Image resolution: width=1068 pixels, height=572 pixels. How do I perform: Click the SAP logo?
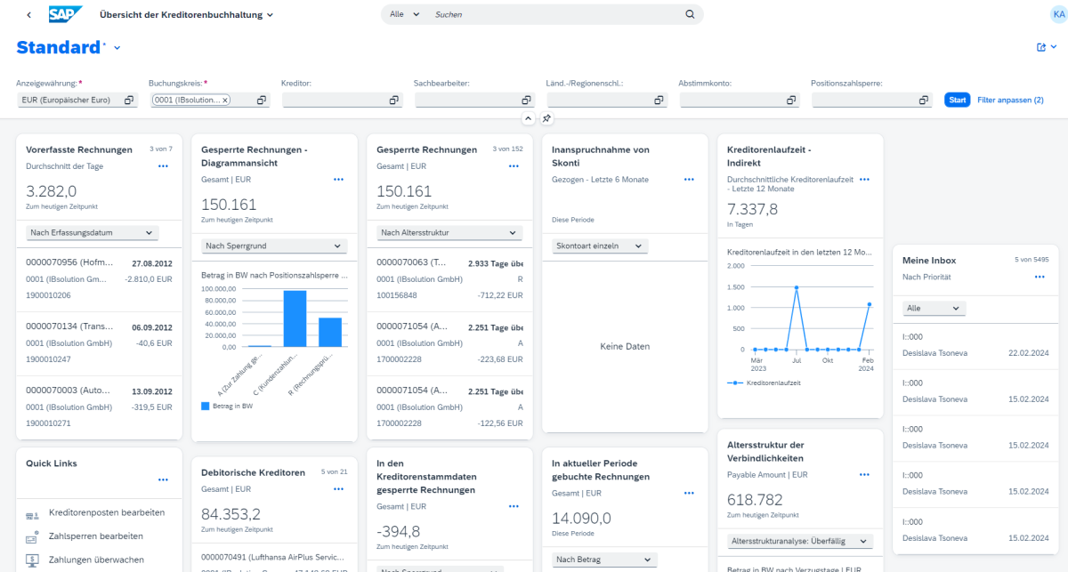tap(65, 14)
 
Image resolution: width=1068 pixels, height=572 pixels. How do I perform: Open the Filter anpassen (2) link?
tap(1010, 101)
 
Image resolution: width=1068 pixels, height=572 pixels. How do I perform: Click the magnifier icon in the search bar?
tap(690, 14)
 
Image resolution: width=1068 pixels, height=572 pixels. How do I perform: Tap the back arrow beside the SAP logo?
tap(28, 15)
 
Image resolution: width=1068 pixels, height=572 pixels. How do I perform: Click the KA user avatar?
tap(1057, 14)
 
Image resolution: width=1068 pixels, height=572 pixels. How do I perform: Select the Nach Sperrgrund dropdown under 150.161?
tap(272, 246)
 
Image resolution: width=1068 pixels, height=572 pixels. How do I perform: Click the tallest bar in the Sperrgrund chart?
tap(295, 318)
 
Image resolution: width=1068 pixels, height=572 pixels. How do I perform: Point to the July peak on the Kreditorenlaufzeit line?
tap(796, 288)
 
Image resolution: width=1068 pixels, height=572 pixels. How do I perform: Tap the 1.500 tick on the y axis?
tap(737, 288)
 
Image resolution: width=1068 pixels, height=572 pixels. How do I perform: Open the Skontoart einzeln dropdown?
tap(600, 246)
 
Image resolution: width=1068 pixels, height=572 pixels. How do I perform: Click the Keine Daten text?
tap(625, 347)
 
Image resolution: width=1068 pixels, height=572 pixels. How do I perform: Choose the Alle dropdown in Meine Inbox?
tap(934, 308)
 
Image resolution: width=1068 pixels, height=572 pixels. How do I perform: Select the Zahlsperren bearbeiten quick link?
tap(96, 536)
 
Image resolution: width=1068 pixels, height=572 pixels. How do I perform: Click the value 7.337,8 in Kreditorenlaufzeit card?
tap(753, 209)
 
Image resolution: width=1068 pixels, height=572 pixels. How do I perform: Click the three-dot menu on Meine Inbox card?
tap(1039, 278)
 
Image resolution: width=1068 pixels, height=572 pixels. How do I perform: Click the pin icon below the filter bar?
tap(547, 118)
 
